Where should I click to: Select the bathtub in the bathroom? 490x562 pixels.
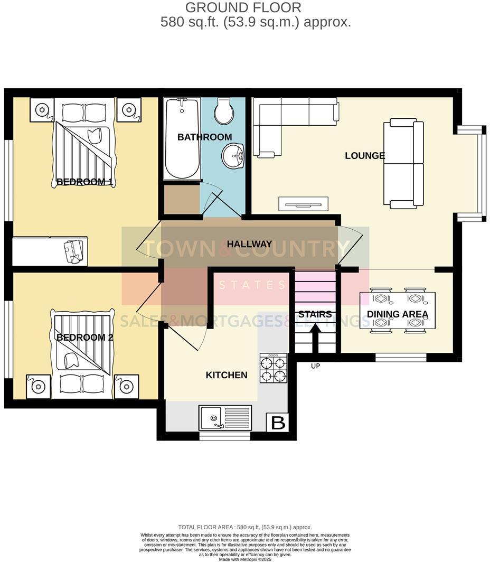(181, 138)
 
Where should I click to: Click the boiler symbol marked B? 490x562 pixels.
(278, 423)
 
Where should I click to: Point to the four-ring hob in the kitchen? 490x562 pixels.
(273, 368)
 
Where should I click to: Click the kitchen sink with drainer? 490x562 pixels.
(225, 417)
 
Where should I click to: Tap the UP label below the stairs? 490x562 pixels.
(315, 366)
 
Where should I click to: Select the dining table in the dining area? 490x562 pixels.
(397, 311)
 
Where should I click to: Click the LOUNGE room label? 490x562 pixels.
(365, 156)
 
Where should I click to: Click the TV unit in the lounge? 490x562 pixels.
(303, 203)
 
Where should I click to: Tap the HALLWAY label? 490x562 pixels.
(249, 244)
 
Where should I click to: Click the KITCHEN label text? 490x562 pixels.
(226, 375)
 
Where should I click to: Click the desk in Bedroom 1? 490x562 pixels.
(50, 251)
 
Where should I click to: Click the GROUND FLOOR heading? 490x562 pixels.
(243, 7)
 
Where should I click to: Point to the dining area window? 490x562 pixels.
(400, 358)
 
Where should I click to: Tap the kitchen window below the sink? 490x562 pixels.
(225, 437)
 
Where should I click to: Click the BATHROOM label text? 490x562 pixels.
(204, 137)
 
